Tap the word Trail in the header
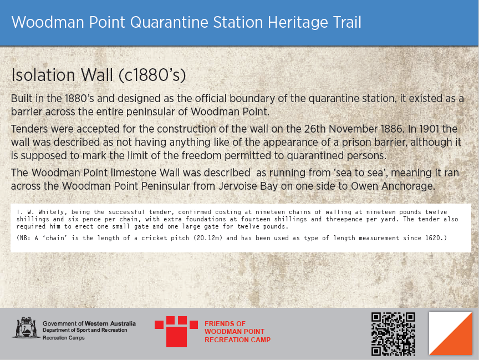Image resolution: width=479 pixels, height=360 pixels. pos(346,22)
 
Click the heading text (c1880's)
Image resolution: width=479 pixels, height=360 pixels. pos(152,75)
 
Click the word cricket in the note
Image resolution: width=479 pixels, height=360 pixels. pos(153,238)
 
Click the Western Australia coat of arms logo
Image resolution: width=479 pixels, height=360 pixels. pos(26,328)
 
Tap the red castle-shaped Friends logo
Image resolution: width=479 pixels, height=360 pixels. pos(176,332)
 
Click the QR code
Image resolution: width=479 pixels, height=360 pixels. pos(393,334)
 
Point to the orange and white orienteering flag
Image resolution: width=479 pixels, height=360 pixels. pos(451,333)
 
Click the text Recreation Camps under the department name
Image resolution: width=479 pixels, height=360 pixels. pos(64,338)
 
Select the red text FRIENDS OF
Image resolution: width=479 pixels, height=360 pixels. pos(225,323)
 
